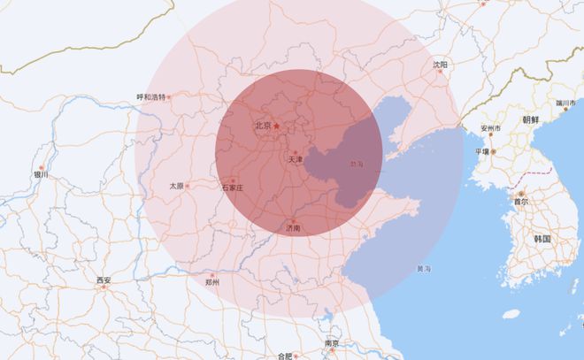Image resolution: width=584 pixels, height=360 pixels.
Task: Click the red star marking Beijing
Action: tap(276, 126)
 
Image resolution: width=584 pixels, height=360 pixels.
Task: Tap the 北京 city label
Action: tap(263, 126)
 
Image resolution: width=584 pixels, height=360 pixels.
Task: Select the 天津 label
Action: tap(296, 159)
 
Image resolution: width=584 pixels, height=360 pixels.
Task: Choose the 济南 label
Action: tap(293, 228)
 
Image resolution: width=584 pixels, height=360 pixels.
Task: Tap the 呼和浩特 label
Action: tap(151, 96)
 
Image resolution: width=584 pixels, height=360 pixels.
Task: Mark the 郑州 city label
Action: tap(211, 282)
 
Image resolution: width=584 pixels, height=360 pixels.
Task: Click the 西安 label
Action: tap(104, 280)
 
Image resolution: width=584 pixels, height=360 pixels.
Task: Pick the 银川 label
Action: tap(41, 175)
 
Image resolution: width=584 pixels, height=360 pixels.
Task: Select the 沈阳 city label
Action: tap(440, 65)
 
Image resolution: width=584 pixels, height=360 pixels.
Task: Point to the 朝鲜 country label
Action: tap(531, 119)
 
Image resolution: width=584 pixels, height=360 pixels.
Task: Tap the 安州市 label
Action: tap(491, 128)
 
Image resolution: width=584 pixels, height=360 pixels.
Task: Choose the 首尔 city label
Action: tap(520, 202)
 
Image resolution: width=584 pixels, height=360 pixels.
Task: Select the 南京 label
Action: tap(332, 343)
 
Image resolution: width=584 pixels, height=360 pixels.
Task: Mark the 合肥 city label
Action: tap(284, 356)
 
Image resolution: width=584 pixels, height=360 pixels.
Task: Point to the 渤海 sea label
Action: tap(357, 164)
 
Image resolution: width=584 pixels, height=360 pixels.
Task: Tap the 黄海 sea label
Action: tap(424, 268)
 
